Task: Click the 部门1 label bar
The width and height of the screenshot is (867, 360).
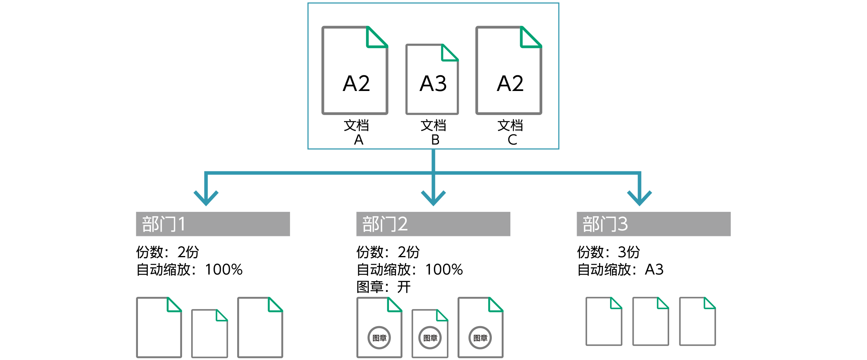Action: coord(213,224)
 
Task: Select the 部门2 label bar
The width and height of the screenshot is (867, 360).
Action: coord(433,224)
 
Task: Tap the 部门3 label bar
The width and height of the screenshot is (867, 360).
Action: coord(653,224)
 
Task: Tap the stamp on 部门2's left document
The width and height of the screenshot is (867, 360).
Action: coord(379,338)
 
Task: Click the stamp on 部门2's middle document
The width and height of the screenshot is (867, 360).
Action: coord(430,338)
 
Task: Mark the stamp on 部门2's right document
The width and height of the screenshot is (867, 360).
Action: coord(480,338)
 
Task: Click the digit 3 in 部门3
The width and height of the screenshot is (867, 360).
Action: coord(623,224)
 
